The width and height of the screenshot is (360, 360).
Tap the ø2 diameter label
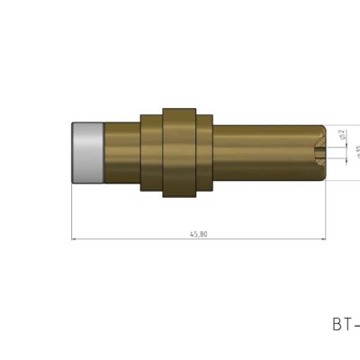[342, 135]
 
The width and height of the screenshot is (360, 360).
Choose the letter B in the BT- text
[337, 324]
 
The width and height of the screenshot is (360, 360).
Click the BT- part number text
[346, 324]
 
